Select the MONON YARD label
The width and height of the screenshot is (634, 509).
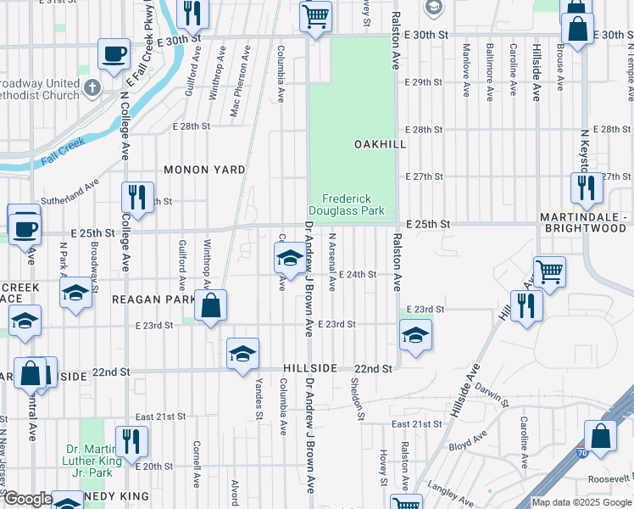[x=204, y=170]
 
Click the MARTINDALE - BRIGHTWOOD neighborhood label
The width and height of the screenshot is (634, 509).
[x=585, y=223]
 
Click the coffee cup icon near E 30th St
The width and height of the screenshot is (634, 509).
[x=114, y=54]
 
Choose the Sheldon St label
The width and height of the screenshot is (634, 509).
[x=359, y=398]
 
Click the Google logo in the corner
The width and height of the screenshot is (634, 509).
[x=28, y=499]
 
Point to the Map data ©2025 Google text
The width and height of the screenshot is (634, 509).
[x=581, y=502]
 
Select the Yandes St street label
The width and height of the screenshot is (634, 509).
[x=258, y=397]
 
